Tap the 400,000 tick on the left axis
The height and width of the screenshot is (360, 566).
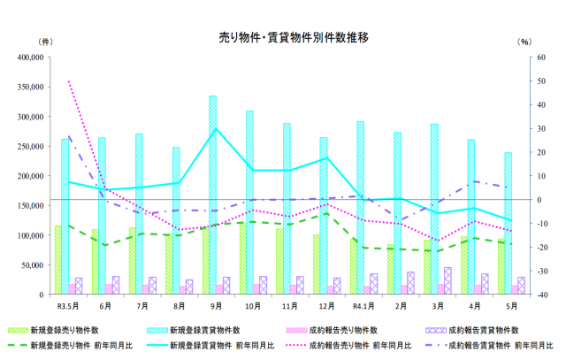[x=31, y=57]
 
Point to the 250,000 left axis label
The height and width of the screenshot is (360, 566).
[x=31, y=146]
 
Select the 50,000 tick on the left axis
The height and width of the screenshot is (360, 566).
[x=33, y=264]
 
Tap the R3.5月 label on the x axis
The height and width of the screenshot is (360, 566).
[x=68, y=306]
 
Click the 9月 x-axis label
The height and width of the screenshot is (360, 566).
[x=215, y=306]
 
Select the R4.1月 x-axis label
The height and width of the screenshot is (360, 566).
[x=361, y=306]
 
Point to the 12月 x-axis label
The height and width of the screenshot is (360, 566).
[x=325, y=306]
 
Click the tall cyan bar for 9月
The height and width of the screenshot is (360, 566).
[x=213, y=195]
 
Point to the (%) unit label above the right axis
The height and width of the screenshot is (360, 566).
[x=524, y=42]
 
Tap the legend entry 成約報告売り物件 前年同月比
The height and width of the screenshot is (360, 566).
[x=363, y=345]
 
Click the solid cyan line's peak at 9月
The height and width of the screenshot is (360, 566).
[x=216, y=129]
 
